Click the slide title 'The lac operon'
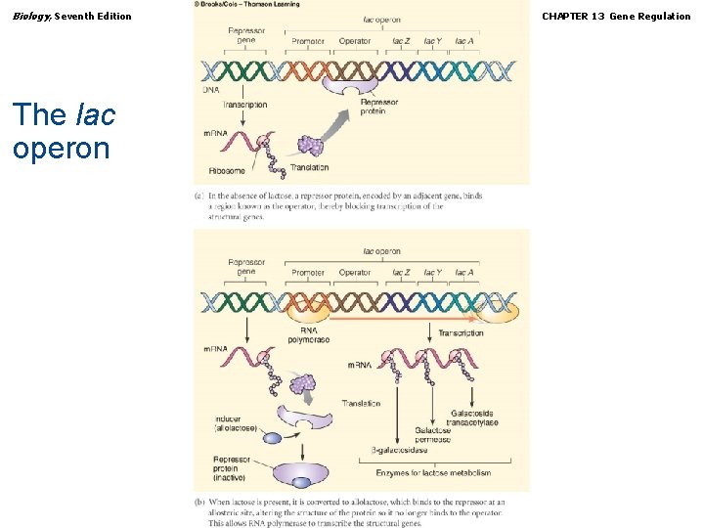[x=65, y=130]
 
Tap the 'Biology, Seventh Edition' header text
[x=72, y=16]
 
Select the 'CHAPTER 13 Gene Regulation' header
[x=616, y=16]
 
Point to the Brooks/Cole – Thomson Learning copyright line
[x=246, y=4]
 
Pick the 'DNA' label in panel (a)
[x=211, y=89]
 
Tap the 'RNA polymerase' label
[x=308, y=335]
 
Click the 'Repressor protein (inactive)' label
[x=232, y=468]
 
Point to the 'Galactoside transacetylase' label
[x=473, y=418]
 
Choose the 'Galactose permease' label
[x=432, y=435]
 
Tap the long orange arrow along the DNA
[x=401, y=318]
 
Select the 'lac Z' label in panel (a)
[x=401, y=41]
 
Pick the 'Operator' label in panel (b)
[x=355, y=273]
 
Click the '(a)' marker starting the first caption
[x=199, y=197]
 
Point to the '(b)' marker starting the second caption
[x=199, y=503]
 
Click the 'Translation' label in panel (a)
[x=309, y=167]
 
